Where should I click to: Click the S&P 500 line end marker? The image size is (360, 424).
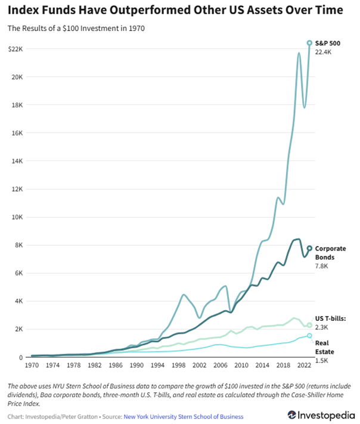click(x=309, y=43)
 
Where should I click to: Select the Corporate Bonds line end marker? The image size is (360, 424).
click(x=309, y=248)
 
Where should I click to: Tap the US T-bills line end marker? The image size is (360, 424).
click(x=309, y=325)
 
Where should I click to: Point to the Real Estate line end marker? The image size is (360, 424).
click(x=309, y=336)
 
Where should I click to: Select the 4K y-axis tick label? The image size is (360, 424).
click(x=18, y=301)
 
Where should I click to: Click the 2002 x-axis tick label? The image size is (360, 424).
click(x=199, y=365)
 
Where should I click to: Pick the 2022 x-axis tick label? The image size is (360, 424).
click(x=303, y=365)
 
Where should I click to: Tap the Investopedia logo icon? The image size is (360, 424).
click(x=293, y=414)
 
